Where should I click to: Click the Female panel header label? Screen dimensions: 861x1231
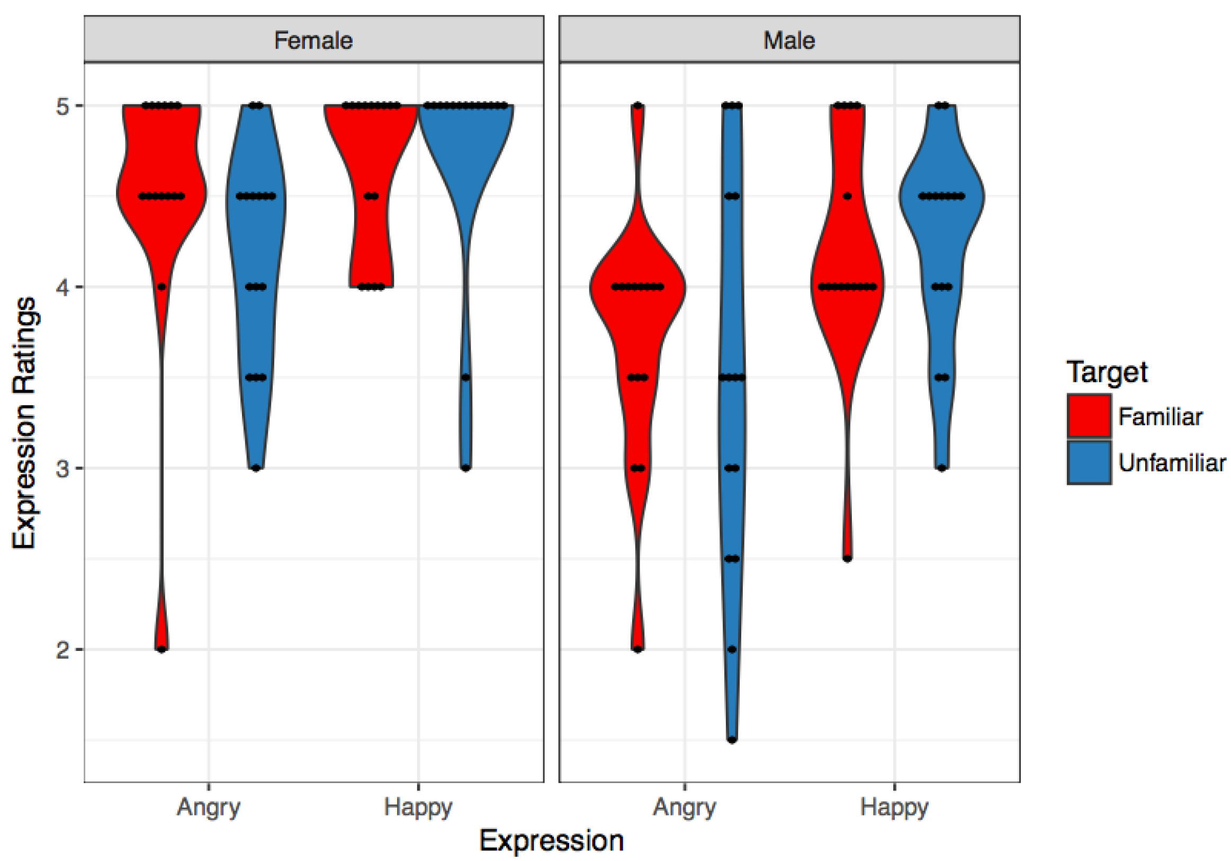click(313, 40)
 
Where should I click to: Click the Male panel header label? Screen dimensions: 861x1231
click(789, 40)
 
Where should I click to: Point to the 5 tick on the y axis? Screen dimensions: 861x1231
click(62, 106)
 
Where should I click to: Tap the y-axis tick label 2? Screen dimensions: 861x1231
click(62, 650)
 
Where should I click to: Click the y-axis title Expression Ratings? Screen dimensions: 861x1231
click(24, 423)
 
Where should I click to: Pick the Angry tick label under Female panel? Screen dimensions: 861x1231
click(209, 806)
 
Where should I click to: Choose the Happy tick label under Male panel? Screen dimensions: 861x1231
click(894, 806)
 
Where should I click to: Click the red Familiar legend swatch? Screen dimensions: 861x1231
click(1089, 416)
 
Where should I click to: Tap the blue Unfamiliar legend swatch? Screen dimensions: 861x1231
click(1089, 463)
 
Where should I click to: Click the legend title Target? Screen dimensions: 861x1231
click(1107, 371)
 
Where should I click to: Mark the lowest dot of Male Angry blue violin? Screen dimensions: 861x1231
click(732, 740)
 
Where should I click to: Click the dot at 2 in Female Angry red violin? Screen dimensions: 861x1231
click(162, 649)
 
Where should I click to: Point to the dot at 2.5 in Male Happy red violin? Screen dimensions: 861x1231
click(847, 559)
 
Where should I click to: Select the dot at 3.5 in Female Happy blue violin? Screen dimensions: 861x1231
click(465, 378)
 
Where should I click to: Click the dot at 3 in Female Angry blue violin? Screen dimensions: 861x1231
click(256, 468)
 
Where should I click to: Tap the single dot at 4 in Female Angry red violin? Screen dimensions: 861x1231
click(162, 287)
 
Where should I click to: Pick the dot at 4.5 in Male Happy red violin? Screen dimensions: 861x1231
click(847, 197)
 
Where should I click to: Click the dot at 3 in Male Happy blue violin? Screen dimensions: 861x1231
click(941, 468)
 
